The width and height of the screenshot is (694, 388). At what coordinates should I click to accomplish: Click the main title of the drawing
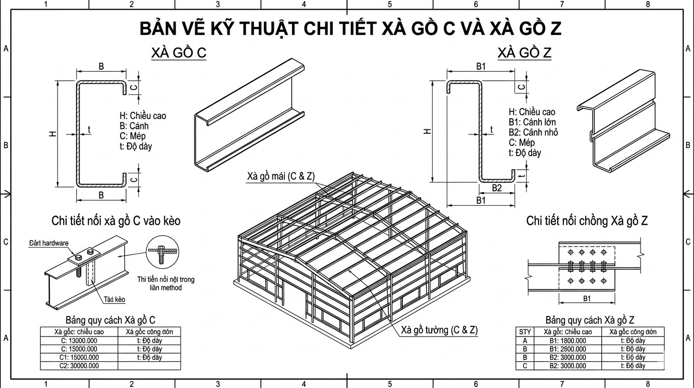(350, 29)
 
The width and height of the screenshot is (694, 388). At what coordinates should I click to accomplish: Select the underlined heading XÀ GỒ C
(179, 54)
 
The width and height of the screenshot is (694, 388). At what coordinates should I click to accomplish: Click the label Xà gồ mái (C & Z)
(280, 176)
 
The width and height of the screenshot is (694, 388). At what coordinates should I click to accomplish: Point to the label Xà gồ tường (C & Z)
(439, 330)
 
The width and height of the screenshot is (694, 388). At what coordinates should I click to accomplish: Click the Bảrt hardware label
(48, 243)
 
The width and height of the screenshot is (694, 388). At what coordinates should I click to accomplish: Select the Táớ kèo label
(114, 300)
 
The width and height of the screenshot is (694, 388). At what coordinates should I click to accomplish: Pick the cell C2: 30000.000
(79, 366)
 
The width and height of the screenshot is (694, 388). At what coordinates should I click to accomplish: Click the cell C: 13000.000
(79, 341)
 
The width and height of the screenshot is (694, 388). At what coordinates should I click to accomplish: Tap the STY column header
(525, 332)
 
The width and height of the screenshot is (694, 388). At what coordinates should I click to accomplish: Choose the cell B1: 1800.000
(567, 341)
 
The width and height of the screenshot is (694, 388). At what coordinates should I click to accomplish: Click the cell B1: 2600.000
(567, 349)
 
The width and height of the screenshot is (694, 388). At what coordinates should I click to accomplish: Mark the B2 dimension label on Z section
(497, 188)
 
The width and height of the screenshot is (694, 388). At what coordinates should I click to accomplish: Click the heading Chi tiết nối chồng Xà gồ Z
(587, 221)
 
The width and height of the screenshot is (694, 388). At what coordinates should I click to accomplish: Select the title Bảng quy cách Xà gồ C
(110, 320)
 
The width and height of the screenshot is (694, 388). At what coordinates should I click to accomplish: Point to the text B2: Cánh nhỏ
(533, 132)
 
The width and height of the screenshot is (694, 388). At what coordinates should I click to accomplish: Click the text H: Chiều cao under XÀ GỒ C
(142, 116)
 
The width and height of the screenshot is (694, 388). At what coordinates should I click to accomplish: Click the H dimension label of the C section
(52, 134)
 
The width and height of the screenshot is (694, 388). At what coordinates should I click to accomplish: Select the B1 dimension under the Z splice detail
(587, 299)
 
